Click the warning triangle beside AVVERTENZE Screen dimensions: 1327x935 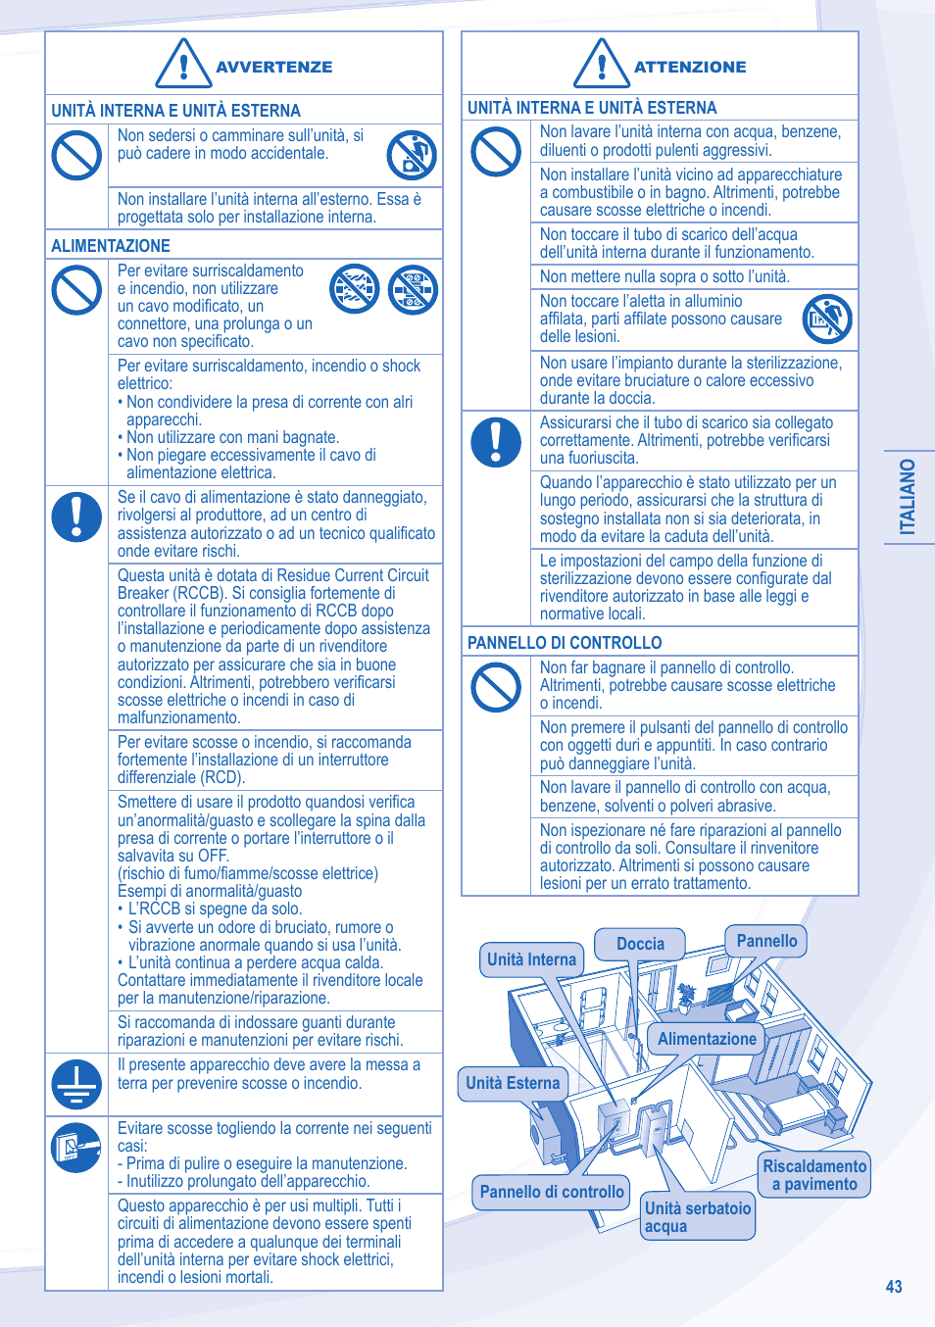(183, 65)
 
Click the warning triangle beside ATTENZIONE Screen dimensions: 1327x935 (601, 65)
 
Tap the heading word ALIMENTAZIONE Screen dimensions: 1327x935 (111, 246)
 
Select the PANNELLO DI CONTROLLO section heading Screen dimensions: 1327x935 (565, 643)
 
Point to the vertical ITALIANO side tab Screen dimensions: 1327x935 (909, 497)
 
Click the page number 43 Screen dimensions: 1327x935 (893, 1286)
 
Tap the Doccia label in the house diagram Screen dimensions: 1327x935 (640, 944)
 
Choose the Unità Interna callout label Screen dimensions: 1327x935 (531, 959)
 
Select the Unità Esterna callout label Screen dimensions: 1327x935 (513, 1083)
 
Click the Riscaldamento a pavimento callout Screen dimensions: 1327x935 (814, 1174)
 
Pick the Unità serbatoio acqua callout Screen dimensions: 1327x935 (698, 1216)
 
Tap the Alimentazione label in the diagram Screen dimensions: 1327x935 (707, 1039)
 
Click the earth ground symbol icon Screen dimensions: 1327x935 (76, 1084)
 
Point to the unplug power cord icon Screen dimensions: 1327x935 (76, 1148)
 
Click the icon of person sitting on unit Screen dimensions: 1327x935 (412, 155)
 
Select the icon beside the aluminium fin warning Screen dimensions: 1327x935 (827, 319)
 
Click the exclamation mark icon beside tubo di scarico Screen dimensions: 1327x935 (496, 441)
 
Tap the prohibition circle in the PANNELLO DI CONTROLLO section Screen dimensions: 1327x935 (496, 687)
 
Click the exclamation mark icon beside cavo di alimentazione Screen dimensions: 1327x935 (76, 516)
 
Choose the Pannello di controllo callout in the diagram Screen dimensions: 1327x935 (552, 1192)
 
